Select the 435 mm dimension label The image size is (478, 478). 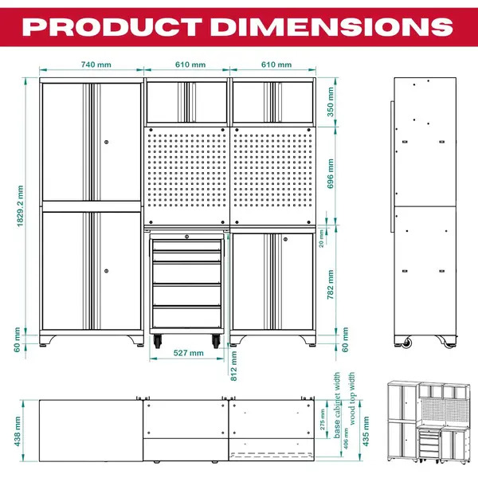[365, 431]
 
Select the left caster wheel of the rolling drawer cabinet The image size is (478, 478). [157, 342]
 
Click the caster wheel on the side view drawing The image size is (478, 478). [409, 343]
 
